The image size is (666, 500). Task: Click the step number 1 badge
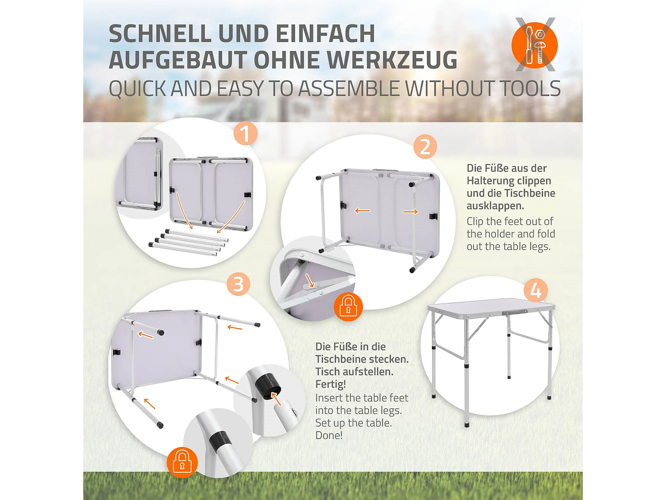245,133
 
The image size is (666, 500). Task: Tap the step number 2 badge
425,147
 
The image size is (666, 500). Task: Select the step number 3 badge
238,284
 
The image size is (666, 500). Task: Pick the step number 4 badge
536,290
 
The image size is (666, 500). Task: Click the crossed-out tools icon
535,45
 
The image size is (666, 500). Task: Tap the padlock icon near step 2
348,306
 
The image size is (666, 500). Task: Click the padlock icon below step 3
182,462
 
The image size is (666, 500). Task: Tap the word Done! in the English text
329,435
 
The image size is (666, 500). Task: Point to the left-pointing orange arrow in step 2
362,211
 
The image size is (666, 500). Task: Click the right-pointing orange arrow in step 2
410,212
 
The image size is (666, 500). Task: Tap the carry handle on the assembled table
514,312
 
